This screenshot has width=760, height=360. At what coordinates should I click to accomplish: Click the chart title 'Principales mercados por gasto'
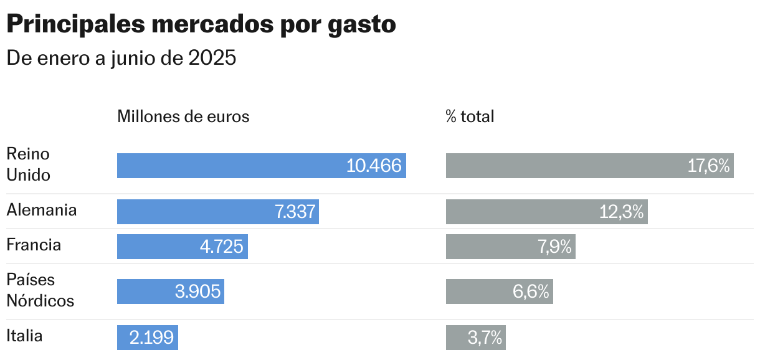click(x=201, y=25)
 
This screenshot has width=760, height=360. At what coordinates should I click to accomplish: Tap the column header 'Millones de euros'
click(x=183, y=116)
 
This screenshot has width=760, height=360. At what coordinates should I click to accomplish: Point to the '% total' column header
click(x=470, y=116)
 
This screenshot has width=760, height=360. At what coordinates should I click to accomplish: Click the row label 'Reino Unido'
click(x=28, y=164)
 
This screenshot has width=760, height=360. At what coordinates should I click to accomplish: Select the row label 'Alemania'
click(x=42, y=210)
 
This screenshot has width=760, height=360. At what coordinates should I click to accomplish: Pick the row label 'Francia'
click(x=34, y=245)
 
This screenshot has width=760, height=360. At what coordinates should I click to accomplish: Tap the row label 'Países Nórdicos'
click(x=40, y=290)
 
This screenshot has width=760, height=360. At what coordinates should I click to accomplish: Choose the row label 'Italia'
click(x=24, y=336)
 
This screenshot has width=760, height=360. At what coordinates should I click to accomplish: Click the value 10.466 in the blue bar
click(x=374, y=166)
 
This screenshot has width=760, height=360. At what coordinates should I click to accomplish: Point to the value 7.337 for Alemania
click(x=295, y=212)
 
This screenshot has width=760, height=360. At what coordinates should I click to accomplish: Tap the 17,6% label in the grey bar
click(x=708, y=166)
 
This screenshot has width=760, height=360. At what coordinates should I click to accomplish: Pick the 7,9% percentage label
click(x=554, y=247)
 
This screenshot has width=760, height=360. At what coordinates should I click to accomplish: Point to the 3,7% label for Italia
click(x=485, y=338)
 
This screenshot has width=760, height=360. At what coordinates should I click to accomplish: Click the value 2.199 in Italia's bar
click(x=151, y=338)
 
